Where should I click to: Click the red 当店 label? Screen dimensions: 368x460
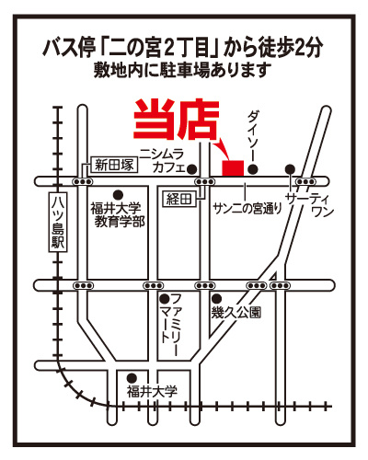[x=177, y=120]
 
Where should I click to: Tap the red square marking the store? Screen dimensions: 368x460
[x=233, y=168]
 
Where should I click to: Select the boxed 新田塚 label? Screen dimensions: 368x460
[x=114, y=166]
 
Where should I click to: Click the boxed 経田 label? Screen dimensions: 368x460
[x=178, y=200]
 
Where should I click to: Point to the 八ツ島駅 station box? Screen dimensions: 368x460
[x=58, y=223]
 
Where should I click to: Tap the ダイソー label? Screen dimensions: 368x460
[x=253, y=135]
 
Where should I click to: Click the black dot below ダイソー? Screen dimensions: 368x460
[x=253, y=168]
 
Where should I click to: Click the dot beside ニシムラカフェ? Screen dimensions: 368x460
[x=192, y=168]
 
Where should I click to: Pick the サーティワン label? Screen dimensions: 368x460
[x=309, y=205]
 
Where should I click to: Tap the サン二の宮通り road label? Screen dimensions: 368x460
[x=247, y=209]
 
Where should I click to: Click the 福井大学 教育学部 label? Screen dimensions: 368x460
[x=118, y=214]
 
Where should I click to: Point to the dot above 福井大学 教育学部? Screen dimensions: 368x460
[x=118, y=195]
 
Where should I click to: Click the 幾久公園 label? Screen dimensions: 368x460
[x=236, y=313]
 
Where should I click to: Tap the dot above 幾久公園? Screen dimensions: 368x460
[x=217, y=298]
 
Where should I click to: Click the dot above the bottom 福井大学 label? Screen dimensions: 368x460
[x=132, y=377]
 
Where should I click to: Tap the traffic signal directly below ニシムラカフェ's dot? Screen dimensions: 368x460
[x=205, y=181]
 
